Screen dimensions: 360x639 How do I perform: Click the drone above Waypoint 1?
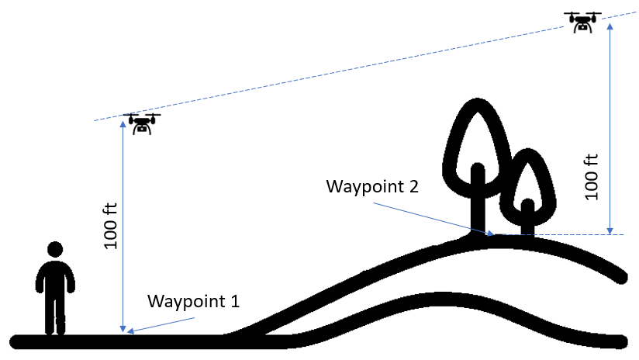click(x=141, y=123)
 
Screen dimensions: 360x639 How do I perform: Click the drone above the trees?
click(x=582, y=22)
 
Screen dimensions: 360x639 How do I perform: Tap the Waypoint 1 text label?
click(x=193, y=300)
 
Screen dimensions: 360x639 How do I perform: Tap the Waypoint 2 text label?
click(x=373, y=186)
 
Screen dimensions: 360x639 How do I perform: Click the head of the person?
click(x=54, y=250)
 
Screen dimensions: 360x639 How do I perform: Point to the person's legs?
click(x=54, y=314)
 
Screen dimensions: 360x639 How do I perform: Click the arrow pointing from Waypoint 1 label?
click(x=159, y=325)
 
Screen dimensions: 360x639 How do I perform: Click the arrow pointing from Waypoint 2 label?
click(x=431, y=218)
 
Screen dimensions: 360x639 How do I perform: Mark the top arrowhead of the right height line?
click(x=611, y=26)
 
